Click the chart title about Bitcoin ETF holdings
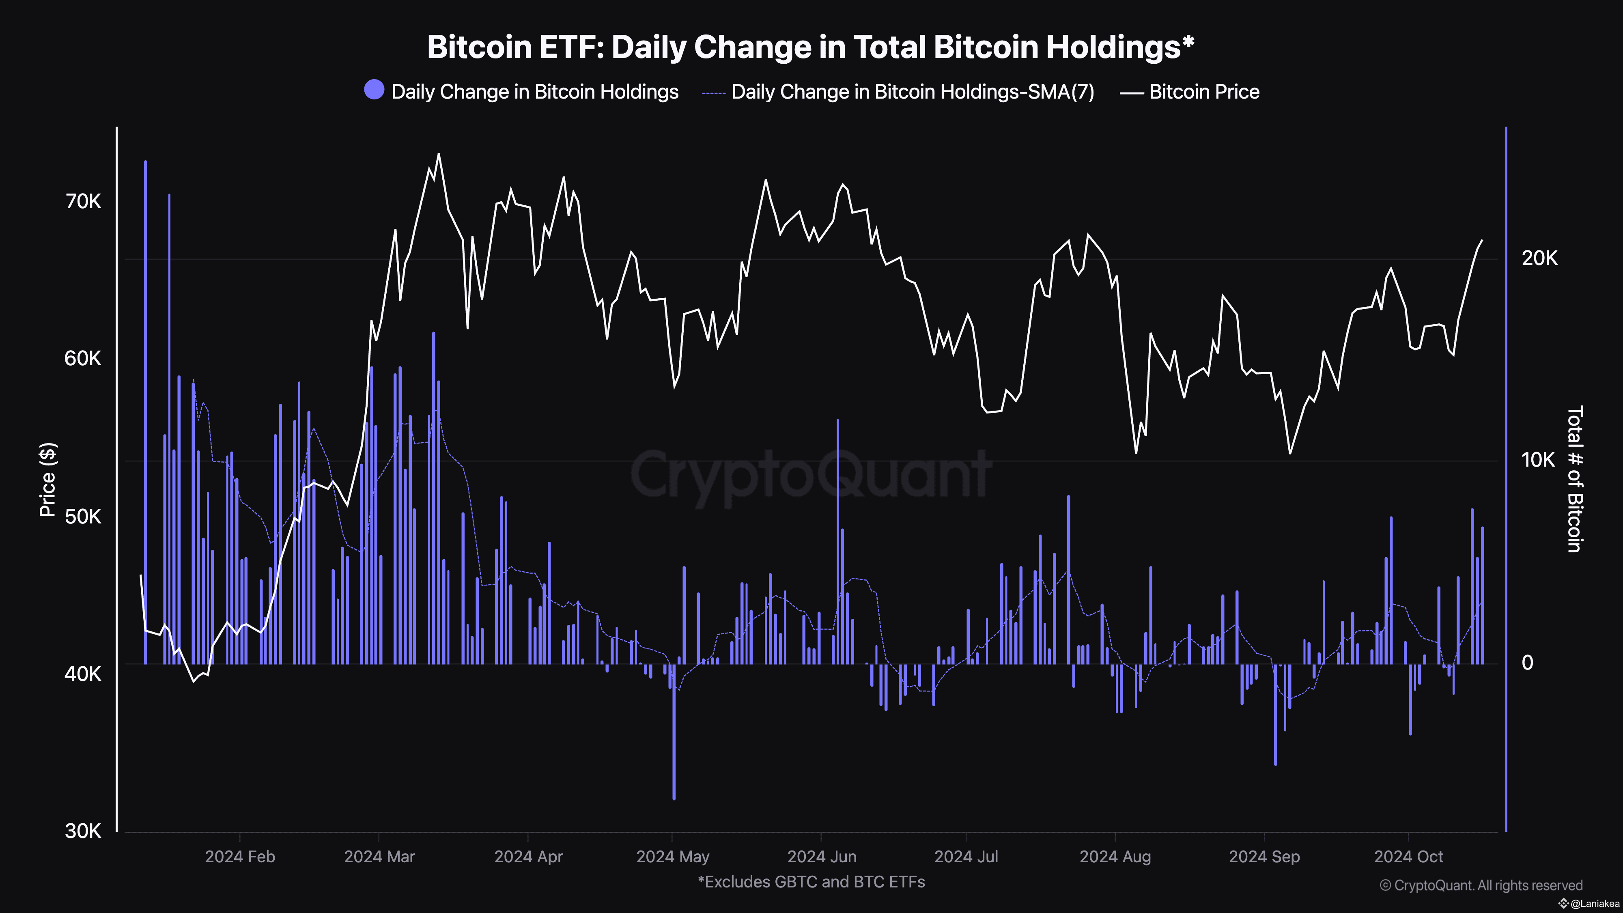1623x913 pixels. [x=811, y=47]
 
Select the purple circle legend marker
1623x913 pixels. [x=374, y=90]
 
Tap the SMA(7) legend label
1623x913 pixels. [x=912, y=92]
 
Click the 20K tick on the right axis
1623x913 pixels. [x=1539, y=258]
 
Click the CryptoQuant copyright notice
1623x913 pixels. [x=1481, y=885]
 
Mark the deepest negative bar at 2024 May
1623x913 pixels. [x=674, y=731]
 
